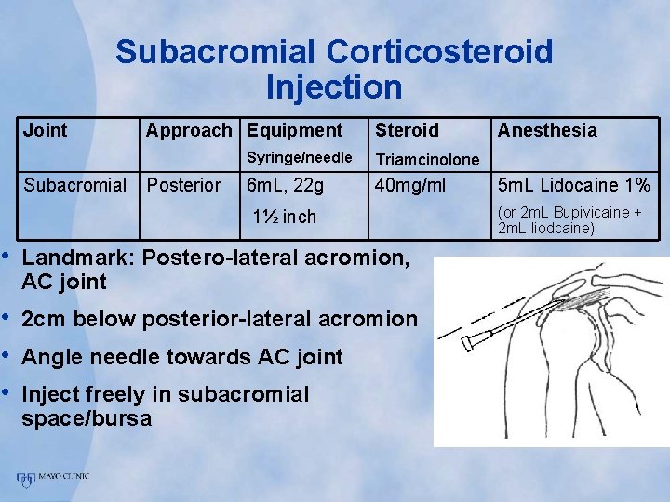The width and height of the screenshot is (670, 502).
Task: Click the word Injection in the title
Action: pyautogui.click(x=334, y=87)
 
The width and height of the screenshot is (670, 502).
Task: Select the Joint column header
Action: pyautogui.click(x=46, y=130)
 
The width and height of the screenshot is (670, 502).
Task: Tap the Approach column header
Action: pyautogui.click(x=189, y=131)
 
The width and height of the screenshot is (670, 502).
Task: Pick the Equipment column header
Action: pyautogui.click(x=295, y=131)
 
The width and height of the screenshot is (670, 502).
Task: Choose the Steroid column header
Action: pyautogui.click(x=407, y=130)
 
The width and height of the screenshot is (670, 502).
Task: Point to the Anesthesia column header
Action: pyautogui.click(x=547, y=130)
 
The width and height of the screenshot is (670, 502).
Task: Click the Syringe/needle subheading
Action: pyautogui.click(x=299, y=158)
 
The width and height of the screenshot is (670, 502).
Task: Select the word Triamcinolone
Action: pyautogui.click(x=427, y=160)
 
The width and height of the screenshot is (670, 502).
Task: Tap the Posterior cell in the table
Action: pyautogui.click(x=184, y=185)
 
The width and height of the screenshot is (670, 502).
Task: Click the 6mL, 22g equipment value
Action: pyautogui.click(x=285, y=186)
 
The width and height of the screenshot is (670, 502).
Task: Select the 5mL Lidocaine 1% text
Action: pyautogui.click(x=574, y=186)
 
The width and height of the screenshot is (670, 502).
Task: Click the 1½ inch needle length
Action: pyautogui.click(x=285, y=218)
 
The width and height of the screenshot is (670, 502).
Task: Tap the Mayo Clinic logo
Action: pyautogui.click(x=52, y=479)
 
